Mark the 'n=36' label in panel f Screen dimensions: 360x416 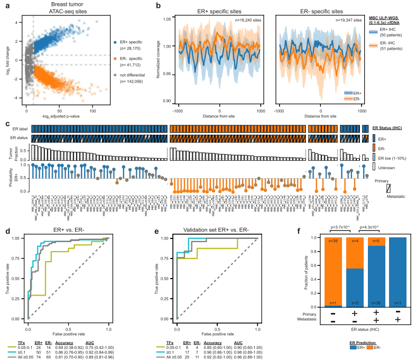(x=377, y=303)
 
